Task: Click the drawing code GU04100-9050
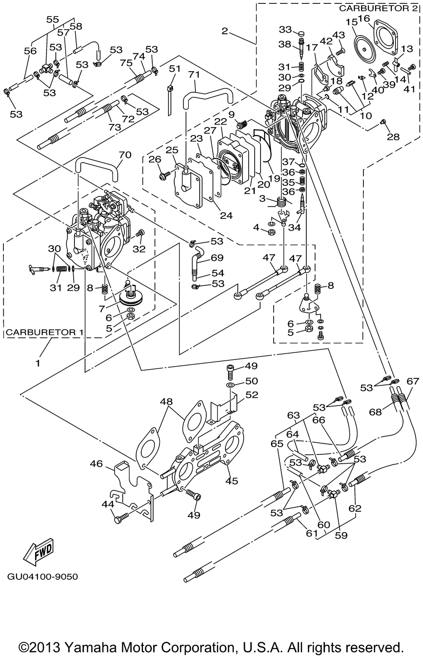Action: click(x=42, y=577)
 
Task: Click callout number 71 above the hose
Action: click(x=194, y=75)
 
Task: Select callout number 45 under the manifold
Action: click(x=232, y=481)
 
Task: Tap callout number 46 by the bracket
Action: click(x=96, y=464)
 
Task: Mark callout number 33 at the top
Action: click(x=286, y=30)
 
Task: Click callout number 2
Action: click(x=225, y=30)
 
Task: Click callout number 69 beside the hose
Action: click(x=217, y=258)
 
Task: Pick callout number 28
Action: click(x=393, y=137)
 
